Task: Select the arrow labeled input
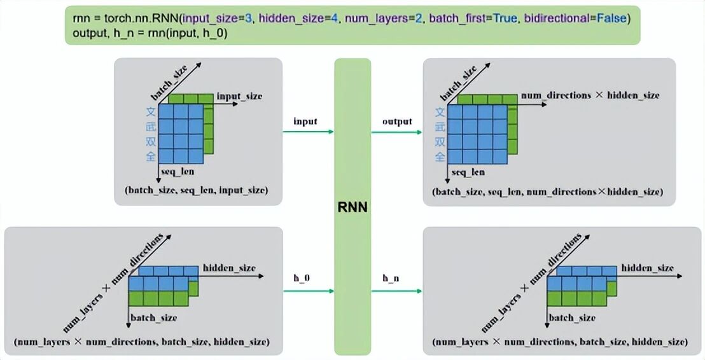[308, 132]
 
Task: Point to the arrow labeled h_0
[308, 291]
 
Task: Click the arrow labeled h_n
[396, 291]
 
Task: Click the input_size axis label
[239, 96]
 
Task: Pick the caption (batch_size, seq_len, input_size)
[197, 190]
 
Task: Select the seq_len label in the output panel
[468, 172]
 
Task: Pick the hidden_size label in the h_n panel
[647, 268]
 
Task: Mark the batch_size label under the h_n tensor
[572, 317]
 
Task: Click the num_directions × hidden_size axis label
[590, 95]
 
